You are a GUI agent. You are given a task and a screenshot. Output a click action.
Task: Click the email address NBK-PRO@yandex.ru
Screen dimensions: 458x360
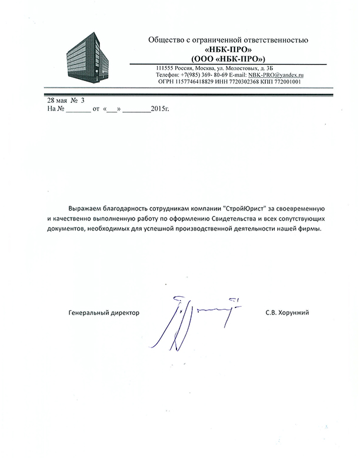point(275,75)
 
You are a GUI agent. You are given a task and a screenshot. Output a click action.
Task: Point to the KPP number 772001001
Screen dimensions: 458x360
point(288,82)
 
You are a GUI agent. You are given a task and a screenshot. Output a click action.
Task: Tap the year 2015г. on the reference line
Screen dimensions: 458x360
point(159,109)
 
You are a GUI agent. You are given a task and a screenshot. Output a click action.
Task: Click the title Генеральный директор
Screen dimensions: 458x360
point(104,313)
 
